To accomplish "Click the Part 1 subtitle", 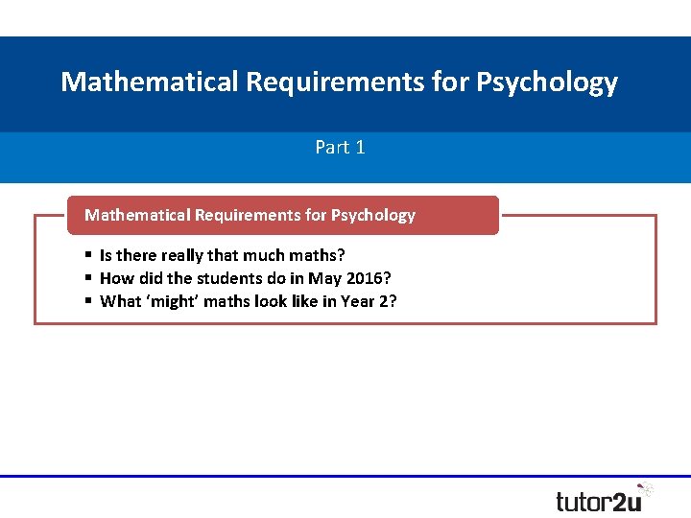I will point(340,147).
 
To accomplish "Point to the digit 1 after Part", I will point(360,147).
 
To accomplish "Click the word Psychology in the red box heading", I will point(373,215).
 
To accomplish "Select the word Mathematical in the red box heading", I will point(137,215).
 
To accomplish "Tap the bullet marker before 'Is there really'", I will point(88,255).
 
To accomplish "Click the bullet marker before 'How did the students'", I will point(88,278).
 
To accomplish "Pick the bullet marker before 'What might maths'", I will point(88,301).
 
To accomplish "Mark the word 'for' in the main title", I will point(450,82).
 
